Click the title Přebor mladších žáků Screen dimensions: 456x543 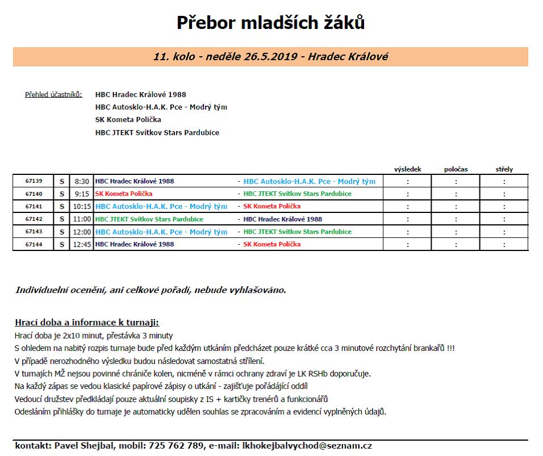(x=270, y=23)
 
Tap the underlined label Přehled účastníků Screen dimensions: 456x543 (x=53, y=94)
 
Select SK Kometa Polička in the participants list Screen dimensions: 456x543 (x=128, y=120)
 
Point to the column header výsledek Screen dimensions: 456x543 (x=407, y=169)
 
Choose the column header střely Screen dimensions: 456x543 (x=504, y=169)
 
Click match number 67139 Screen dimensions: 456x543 (x=34, y=181)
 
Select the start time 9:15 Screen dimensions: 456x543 (x=82, y=194)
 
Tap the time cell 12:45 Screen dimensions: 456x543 (x=82, y=244)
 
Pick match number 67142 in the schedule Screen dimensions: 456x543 (x=34, y=219)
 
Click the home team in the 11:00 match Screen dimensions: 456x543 (x=149, y=219)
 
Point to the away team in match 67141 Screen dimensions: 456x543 (x=271, y=206)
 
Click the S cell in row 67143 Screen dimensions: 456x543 (x=62, y=232)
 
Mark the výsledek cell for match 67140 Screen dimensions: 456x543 (x=407, y=194)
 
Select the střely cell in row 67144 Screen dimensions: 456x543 (x=504, y=244)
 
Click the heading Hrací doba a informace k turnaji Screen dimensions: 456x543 (x=87, y=322)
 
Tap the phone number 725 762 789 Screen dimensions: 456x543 (x=176, y=446)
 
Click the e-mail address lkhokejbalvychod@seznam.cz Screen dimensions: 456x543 (x=307, y=446)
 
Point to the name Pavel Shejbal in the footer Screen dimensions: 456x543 (x=86, y=446)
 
